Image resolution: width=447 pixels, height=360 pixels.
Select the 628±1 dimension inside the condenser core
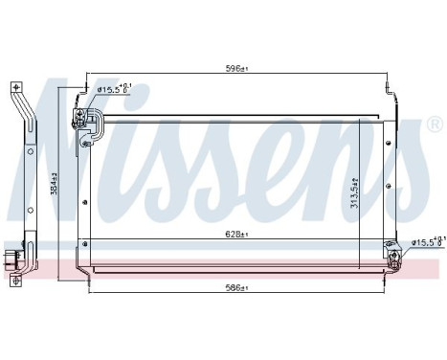(236, 233)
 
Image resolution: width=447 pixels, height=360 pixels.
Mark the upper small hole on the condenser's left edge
(85, 202)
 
